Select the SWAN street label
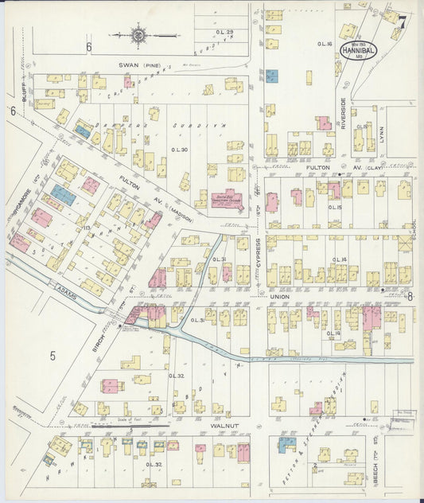130,64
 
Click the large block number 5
53,356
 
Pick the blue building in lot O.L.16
271,76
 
